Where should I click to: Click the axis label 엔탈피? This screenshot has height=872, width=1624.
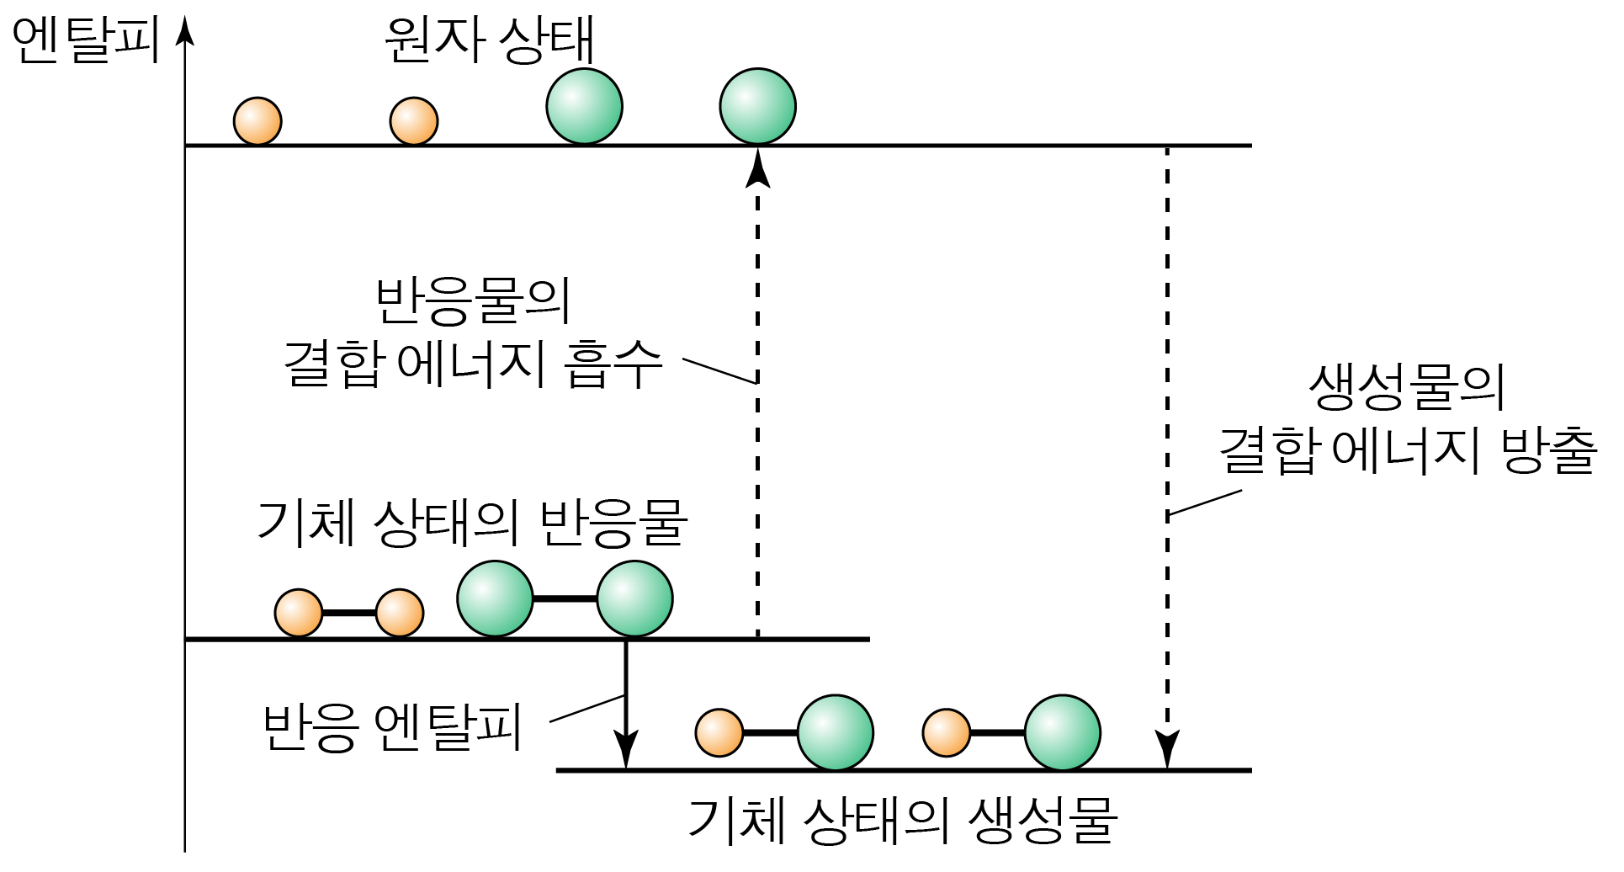pyautogui.click(x=86, y=40)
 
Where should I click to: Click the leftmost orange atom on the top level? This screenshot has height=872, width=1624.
pyautogui.click(x=257, y=121)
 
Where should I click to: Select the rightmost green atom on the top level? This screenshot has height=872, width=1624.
pyautogui.click(x=757, y=106)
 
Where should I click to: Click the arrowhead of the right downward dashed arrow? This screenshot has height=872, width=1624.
pyautogui.click(x=1167, y=749)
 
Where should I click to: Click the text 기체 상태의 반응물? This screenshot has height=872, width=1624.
pyautogui.click(x=472, y=523)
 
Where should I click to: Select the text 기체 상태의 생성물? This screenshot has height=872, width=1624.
pyautogui.click(x=903, y=820)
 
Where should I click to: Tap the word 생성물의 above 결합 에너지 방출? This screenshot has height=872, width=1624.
pyautogui.click(x=1406, y=386)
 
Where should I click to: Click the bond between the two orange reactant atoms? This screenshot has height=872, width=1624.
pyautogui.click(x=348, y=613)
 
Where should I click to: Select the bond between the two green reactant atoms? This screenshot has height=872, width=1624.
pyautogui.click(x=565, y=598)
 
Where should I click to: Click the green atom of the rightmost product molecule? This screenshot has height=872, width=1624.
pyautogui.click(x=1062, y=732)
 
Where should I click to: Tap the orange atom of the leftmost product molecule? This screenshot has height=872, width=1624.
pyautogui.click(x=719, y=732)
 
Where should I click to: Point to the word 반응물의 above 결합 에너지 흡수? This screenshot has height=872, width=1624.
pyautogui.click(x=473, y=300)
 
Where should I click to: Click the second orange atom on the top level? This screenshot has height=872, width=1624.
pyautogui.click(x=413, y=121)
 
